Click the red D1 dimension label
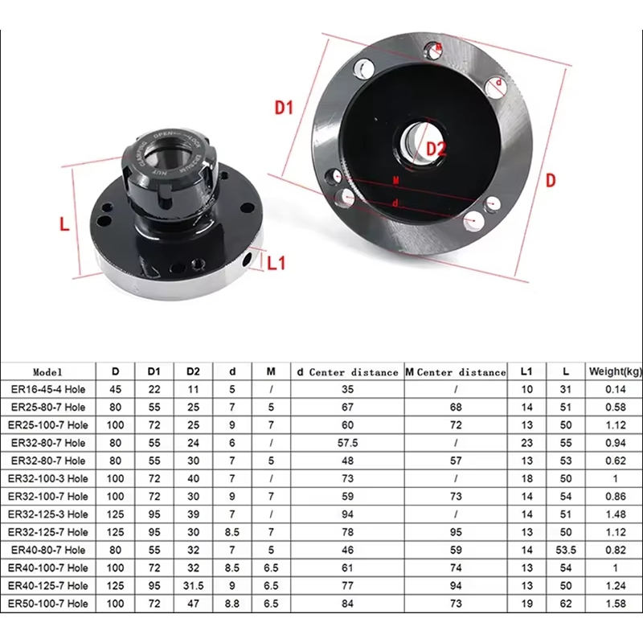[x=285, y=108]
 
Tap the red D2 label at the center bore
[x=436, y=149]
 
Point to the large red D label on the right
[x=551, y=180]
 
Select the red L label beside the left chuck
[x=65, y=224]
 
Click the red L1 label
[x=276, y=263]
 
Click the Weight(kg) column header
[x=615, y=371]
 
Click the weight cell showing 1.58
[x=615, y=602]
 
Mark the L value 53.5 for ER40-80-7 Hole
[x=567, y=549]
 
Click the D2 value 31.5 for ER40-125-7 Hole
[x=193, y=584]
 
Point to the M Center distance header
[x=456, y=372]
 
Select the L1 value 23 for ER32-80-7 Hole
[x=527, y=443]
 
